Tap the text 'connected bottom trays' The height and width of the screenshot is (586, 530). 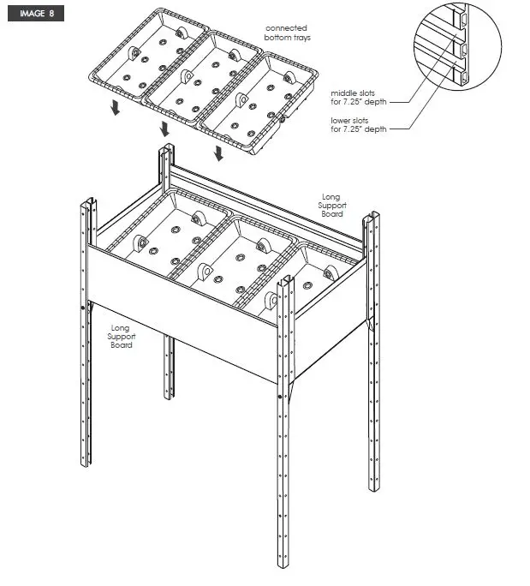tap(287, 33)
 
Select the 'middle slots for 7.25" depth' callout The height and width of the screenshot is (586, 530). tap(359, 97)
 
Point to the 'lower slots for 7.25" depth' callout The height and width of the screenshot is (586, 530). tap(359, 125)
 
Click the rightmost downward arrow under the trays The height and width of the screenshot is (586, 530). tap(219, 152)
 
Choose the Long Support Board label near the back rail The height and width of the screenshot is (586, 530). tap(331, 206)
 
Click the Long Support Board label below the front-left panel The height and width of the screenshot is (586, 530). tap(122, 336)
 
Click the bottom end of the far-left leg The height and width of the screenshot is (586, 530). tap(86, 463)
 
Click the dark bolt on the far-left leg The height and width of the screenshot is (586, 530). tap(82, 308)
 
